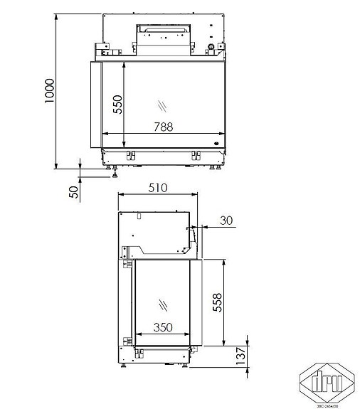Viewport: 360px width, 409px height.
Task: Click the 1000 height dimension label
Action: click(x=49, y=90)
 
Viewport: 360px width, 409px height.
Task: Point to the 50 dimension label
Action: click(x=73, y=192)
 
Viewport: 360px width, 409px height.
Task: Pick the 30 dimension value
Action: click(x=226, y=221)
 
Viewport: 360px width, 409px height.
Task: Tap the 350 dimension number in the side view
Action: click(x=164, y=329)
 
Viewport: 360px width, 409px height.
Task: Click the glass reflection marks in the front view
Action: click(x=164, y=106)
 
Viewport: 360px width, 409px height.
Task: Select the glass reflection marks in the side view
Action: click(x=164, y=304)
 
